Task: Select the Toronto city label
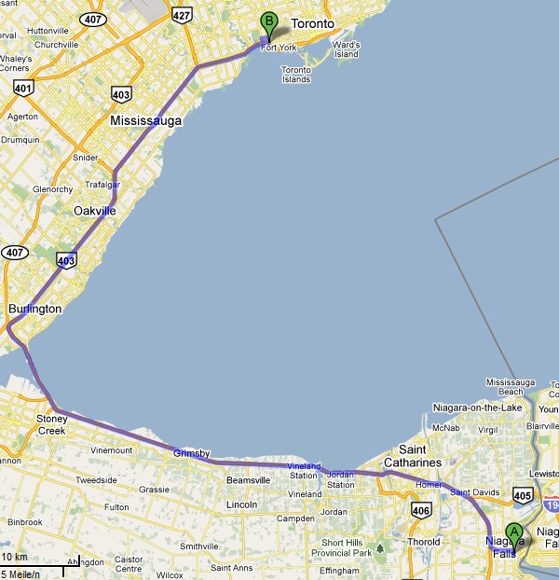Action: (x=312, y=22)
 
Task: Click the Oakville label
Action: (x=95, y=212)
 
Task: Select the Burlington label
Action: (x=34, y=309)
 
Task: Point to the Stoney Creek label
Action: (x=51, y=424)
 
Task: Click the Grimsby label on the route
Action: (x=190, y=453)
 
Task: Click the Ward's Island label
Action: (x=346, y=49)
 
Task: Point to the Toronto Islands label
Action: (x=296, y=75)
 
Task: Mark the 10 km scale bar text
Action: (x=15, y=557)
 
